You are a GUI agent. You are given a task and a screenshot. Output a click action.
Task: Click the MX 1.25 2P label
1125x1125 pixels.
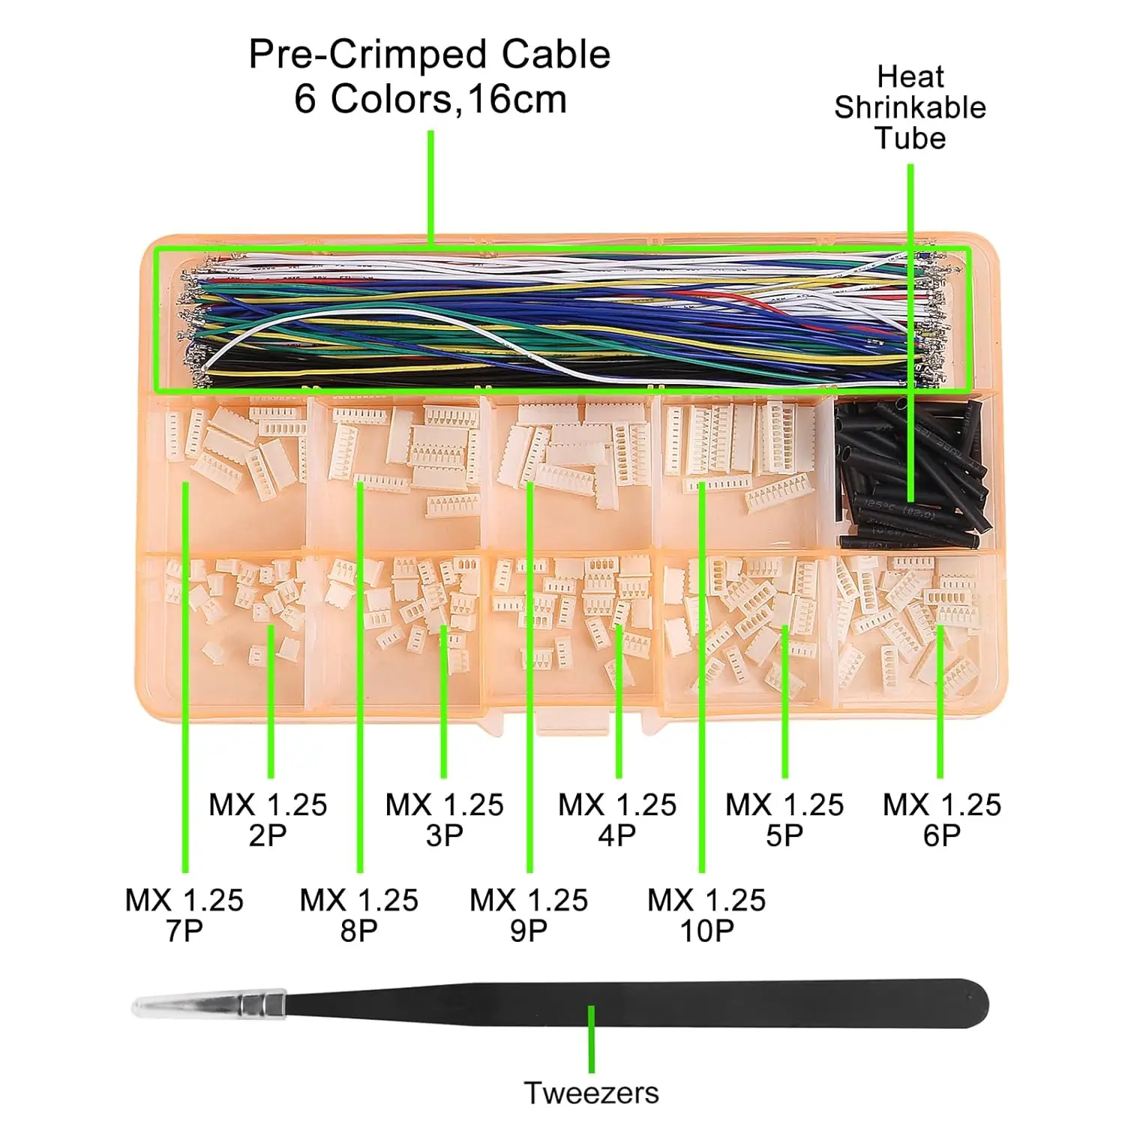[x=268, y=820]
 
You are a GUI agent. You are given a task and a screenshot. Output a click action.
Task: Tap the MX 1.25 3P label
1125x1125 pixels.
[x=444, y=820]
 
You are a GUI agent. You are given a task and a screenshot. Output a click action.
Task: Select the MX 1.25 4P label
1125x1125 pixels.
[x=617, y=820]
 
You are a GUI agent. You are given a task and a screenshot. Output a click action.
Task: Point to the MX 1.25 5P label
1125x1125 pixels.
[x=784, y=820]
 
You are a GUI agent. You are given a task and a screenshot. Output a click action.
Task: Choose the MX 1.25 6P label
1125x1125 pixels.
[x=942, y=820]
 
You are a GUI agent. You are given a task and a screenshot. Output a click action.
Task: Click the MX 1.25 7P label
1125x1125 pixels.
[x=184, y=915]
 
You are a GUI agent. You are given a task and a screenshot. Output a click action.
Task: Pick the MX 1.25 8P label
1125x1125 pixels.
[x=359, y=915]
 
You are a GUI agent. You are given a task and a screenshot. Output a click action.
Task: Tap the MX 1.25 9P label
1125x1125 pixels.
[x=529, y=915]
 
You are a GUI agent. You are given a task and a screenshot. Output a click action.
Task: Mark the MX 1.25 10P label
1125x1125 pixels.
[x=706, y=915]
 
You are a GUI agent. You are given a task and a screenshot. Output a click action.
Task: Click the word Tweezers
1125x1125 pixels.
[x=591, y=1093]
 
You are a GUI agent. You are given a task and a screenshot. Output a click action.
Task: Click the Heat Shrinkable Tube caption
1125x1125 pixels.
[x=910, y=107]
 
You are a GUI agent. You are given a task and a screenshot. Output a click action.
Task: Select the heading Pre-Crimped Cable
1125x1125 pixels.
[x=429, y=55]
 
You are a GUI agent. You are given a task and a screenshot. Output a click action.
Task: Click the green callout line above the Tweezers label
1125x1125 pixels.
[x=591, y=1039]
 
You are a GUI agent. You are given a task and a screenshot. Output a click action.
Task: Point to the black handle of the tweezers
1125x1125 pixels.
[x=637, y=1003]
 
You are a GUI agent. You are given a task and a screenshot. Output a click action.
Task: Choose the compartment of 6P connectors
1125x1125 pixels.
[x=911, y=626]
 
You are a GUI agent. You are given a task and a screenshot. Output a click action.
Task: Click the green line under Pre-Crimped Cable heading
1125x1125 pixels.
[x=431, y=187]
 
